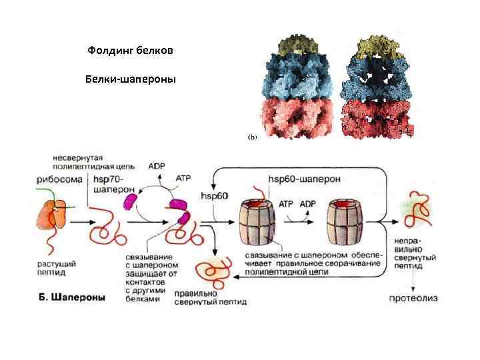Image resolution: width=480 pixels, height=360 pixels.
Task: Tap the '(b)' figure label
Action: [253, 136]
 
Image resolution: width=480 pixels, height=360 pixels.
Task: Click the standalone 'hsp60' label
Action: [214, 196]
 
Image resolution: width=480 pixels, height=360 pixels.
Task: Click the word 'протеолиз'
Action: [414, 298]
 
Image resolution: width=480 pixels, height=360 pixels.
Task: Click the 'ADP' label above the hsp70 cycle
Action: [157, 166]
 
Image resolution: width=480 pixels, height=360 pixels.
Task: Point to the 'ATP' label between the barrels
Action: [285, 204]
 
